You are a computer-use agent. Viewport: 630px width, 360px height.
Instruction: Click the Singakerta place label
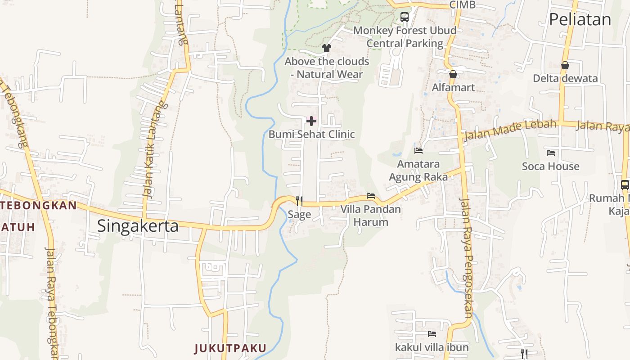[x=138, y=225]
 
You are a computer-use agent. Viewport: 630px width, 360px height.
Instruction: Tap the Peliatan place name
[x=580, y=19]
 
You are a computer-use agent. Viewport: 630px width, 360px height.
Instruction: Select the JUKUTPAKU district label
[x=230, y=348]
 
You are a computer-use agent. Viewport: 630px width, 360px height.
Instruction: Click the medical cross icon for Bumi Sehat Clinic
[x=311, y=121]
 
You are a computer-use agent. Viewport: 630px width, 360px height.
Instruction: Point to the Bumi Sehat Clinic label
[x=311, y=134]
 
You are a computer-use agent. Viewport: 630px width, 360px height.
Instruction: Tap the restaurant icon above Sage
[x=299, y=201]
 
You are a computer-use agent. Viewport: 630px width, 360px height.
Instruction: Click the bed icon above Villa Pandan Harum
[x=371, y=196]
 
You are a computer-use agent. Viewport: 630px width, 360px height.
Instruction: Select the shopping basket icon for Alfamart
[x=453, y=74]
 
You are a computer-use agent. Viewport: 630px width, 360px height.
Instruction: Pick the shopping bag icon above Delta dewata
[x=565, y=65]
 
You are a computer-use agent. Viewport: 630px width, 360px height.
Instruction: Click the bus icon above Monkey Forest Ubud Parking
[x=405, y=17]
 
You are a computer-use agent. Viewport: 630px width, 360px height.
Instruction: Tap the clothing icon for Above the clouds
[x=327, y=48]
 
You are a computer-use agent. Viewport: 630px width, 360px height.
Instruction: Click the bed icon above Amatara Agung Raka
[x=418, y=150]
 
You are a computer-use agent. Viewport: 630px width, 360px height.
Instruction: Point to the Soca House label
[x=550, y=166]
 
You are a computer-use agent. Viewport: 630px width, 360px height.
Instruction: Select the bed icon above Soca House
[x=550, y=153]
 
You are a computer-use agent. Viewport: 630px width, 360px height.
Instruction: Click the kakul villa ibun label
[x=432, y=347]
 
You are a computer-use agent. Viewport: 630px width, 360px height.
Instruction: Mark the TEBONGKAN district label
[x=38, y=205]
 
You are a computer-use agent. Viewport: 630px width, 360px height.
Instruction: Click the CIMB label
[x=462, y=5]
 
